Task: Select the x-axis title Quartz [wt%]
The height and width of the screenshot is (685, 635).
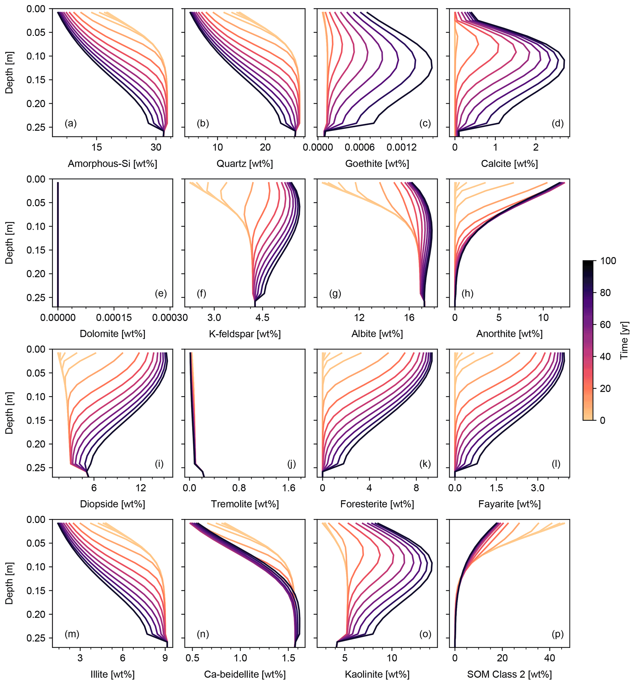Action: click(x=245, y=164)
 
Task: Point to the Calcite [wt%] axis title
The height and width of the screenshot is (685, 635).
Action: click(x=509, y=164)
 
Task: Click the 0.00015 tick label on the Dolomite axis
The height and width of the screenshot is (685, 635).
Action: click(x=114, y=317)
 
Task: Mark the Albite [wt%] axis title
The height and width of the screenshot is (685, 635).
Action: click(x=377, y=334)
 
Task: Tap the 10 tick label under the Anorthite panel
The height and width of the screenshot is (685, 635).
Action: click(x=543, y=317)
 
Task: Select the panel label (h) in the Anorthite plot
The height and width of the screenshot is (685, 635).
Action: click(x=467, y=293)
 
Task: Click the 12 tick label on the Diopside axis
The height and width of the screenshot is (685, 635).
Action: click(x=140, y=488)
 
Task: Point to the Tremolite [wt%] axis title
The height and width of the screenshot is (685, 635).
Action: click(x=245, y=504)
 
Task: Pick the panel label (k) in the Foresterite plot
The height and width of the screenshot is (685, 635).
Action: click(x=425, y=464)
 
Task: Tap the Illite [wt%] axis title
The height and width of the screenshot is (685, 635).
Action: click(x=112, y=674)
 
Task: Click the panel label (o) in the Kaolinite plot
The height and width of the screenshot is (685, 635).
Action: click(x=425, y=634)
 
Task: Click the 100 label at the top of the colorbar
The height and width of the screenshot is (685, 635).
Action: click(x=608, y=261)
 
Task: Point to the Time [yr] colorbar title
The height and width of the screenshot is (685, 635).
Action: click(x=624, y=340)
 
